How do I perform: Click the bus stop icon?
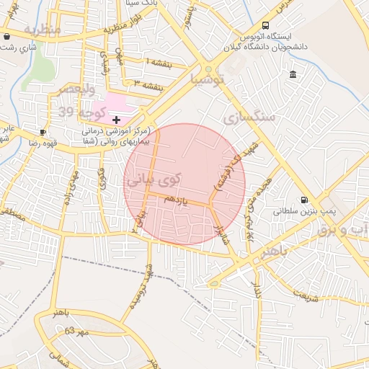(x=265, y=25)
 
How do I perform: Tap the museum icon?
(x=293, y=75)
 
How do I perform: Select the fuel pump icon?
(x=303, y=200)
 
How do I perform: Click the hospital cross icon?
(x=117, y=119)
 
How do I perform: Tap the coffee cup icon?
(x=43, y=132)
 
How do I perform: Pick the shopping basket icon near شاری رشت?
(x=6, y=36)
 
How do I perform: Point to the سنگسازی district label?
(x=249, y=116)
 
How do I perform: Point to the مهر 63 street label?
(x=75, y=331)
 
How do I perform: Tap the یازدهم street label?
(x=175, y=203)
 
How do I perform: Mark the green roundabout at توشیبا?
(x=209, y=71)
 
